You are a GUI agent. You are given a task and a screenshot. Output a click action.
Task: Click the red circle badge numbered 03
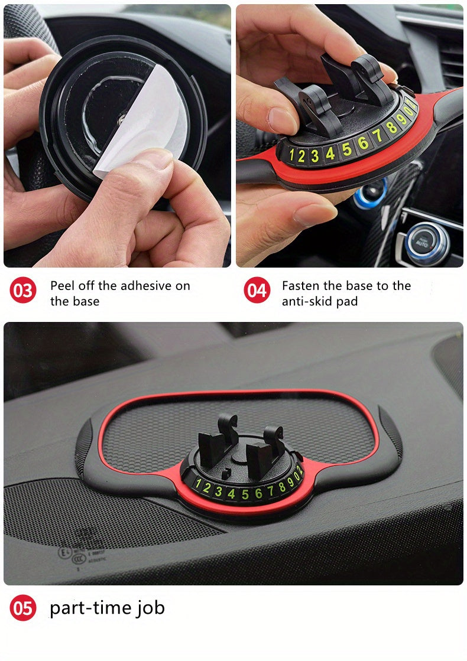point(23,291)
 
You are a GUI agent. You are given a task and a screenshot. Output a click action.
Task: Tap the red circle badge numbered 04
point(257,291)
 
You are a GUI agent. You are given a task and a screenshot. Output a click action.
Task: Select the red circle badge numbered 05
point(23,608)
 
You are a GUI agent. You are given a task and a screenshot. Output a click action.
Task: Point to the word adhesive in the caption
point(144,286)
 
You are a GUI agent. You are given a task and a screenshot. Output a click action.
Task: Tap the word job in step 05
point(150,608)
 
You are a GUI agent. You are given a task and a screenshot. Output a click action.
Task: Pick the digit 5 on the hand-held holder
point(346,149)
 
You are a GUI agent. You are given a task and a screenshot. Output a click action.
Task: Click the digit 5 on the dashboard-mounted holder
point(245,494)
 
